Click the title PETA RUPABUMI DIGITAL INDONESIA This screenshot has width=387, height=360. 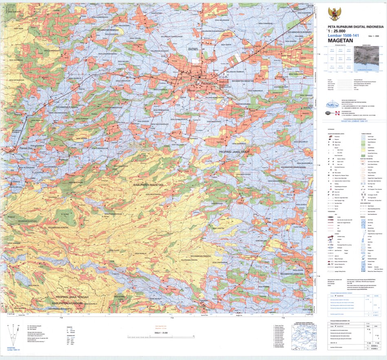355,27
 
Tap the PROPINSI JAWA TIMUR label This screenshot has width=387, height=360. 234,150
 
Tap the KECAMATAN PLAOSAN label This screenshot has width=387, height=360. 67,107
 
